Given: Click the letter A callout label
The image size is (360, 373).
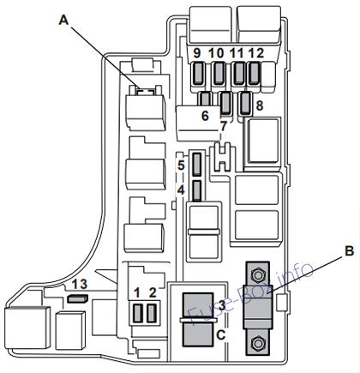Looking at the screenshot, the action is click(x=64, y=21).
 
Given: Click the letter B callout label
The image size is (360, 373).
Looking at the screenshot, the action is click(x=349, y=250).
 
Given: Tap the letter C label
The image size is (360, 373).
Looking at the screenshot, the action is click(x=221, y=335).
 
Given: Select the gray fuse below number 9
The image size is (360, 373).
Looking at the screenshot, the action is click(x=198, y=74).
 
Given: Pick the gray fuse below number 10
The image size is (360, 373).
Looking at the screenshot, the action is click(x=219, y=74).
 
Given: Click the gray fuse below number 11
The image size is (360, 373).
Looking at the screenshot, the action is click(x=238, y=74).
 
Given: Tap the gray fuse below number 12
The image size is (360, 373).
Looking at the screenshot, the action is click(x=254, y=74).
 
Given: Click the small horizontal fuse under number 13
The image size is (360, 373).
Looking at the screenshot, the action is click(x=77, y=298).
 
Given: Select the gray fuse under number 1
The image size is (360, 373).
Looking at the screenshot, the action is click(x=138, y=313).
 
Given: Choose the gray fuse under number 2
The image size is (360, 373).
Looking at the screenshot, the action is click(x=152, y=313).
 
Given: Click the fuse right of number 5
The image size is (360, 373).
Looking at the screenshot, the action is click(x=197, y=165).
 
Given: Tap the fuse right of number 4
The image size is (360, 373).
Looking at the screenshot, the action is click(x=197, y=190).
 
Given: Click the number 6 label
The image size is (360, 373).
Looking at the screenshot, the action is click(x=205, y=116).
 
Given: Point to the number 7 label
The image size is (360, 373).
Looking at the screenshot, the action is click(x=223, y=127).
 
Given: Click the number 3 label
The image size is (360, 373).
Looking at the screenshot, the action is click(x=222, y=306).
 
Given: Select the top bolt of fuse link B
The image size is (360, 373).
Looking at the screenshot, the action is click(x=256, y=275).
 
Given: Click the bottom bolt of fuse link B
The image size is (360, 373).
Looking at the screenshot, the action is click(x=256, y=342).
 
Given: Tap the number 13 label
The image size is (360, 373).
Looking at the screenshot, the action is click(x=79, y=284).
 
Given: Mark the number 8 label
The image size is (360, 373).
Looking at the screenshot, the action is click(x=260, y=105).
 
